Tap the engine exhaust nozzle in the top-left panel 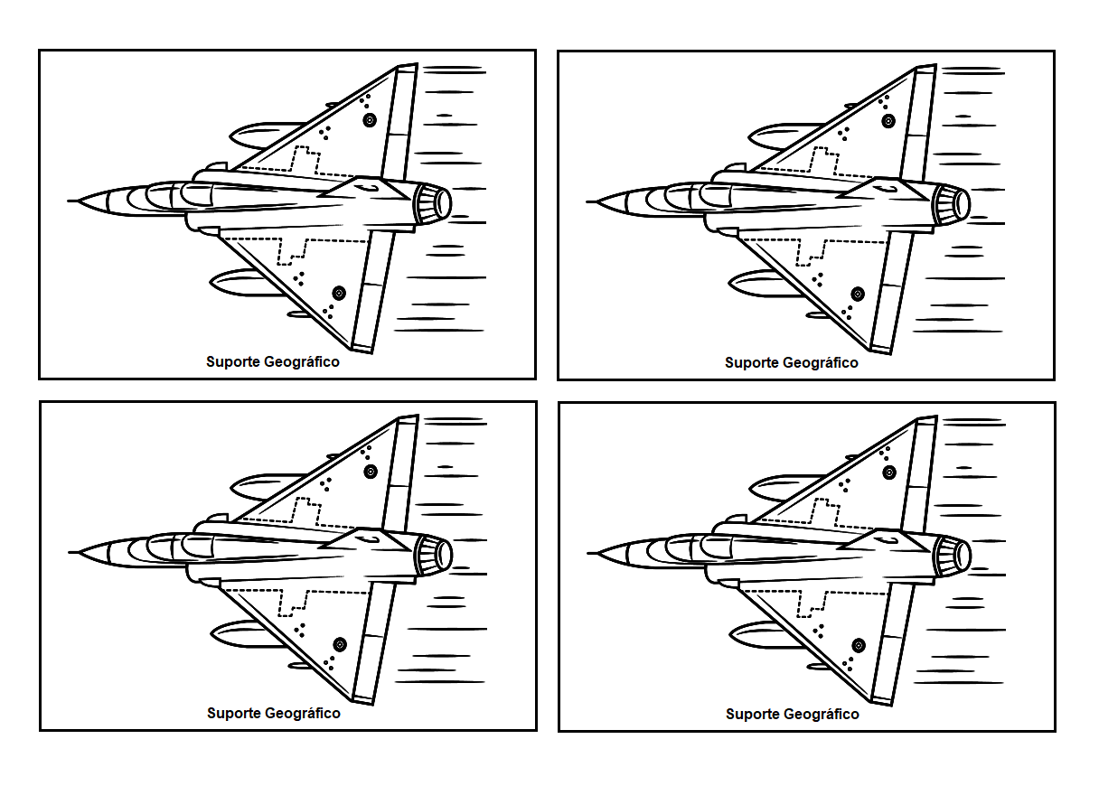pyautogui.click(x=439, y=203)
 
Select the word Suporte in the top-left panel pyautogui.click(x=233, y=362)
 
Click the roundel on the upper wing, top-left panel pyautogui.click(x=369, y=119)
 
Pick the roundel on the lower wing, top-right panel pyautogui.click(x=858, y=294)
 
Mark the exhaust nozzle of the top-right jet pyautogui.click(x=958, y=204)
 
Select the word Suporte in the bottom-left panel pyautogui.click(x=234, y=713)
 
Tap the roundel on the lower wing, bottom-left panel pyautogui.click(x=340, y=644)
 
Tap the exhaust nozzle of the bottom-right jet pyautogui.click(x=959, y=555)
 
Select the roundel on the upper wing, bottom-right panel pyautogui.click(x=888, y=472)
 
